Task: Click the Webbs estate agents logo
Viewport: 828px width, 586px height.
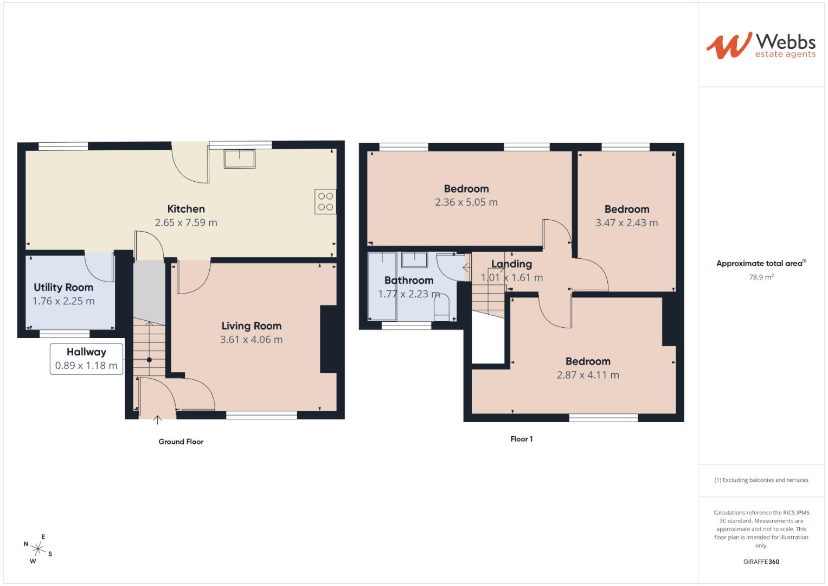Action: (x=761, y=46)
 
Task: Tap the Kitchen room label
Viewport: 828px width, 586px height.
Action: (x=186, y=209)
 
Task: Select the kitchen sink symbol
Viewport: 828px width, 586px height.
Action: (x=239, y=158)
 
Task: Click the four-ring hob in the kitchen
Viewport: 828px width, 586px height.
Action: (x=325, y=201)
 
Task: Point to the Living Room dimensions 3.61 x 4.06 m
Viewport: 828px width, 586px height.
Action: (x=251, y=340)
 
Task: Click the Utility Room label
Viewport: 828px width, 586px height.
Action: (x=63, y=288)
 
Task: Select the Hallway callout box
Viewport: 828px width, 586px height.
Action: (x=86, y=359)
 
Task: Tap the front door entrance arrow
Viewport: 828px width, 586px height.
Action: (x=158, y=419)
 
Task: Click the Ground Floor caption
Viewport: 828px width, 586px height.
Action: (x=181, y=442)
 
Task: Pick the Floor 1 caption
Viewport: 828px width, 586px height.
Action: (x=522, y=439)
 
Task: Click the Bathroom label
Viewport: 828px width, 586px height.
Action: (x=409, y=281)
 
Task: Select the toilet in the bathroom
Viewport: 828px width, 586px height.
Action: (x=442, y=307)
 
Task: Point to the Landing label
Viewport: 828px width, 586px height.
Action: (x=511, y=264)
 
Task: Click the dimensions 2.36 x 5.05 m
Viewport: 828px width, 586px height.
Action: (x=466, y=202)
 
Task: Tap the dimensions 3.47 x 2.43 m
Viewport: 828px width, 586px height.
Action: (x=626, y=222)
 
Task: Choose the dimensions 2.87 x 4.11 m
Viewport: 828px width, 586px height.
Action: (x=588, y=375)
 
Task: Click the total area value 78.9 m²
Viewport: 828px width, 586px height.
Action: (x=761, y=277)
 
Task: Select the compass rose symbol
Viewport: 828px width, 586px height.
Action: (x=38, y=549)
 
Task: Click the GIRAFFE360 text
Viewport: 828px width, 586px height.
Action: (x=761, y=562)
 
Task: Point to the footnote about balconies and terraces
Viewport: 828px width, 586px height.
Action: (x=761, y=480)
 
